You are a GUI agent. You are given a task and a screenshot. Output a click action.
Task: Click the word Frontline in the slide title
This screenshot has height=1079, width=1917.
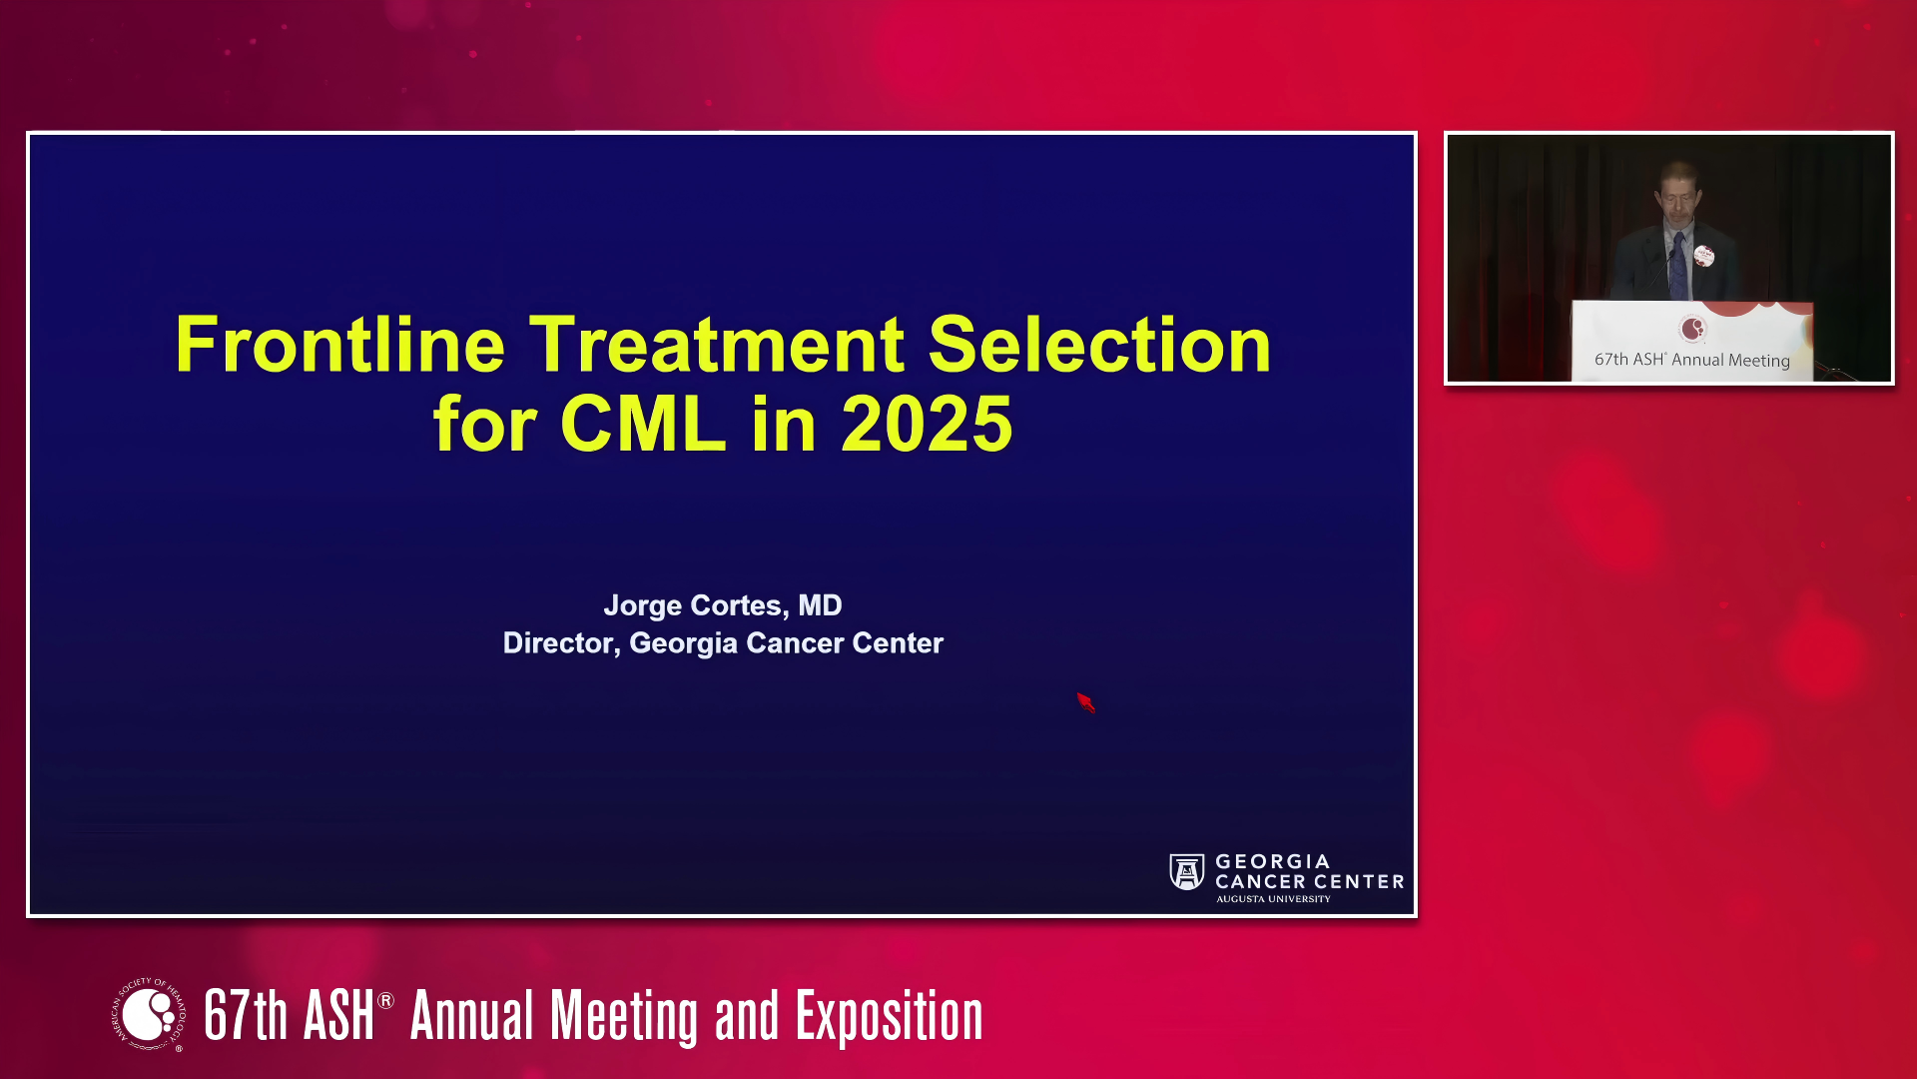click(x=339, y=345)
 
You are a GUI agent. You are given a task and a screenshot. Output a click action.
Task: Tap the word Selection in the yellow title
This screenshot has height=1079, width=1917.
click(x=1099, y=345)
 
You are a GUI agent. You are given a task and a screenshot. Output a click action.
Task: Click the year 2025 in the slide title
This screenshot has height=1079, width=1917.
click(x=928, y=424)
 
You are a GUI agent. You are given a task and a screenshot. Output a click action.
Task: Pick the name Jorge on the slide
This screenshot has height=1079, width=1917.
click(x=642, y=606)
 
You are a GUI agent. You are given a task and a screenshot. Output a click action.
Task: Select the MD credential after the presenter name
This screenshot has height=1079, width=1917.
click(x=820, y=605)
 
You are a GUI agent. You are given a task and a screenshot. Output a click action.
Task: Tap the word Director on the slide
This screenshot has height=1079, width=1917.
click(x=561, y=643)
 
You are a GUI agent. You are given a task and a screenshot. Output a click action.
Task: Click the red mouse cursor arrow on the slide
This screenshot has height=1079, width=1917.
click(x=1086, y=702)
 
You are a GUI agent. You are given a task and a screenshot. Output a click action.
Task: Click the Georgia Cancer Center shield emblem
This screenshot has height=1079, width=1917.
click(x=1187, y=872)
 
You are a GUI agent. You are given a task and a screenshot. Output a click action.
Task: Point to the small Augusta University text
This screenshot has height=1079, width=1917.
click(x=1273, y=899)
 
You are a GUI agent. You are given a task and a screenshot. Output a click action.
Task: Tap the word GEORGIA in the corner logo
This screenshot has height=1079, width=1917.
click(x=1273, y=861)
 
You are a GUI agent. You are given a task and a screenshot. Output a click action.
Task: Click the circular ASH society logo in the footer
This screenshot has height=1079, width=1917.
click(x=150, y=1015)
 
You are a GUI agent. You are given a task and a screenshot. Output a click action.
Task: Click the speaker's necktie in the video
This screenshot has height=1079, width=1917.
click(x=1679, y=267)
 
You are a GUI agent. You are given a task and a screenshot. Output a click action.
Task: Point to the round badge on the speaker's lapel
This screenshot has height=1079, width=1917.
click(x=1704, y=257)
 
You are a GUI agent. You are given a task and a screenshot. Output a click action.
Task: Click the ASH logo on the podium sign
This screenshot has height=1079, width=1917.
click(x=1693, y=329)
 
